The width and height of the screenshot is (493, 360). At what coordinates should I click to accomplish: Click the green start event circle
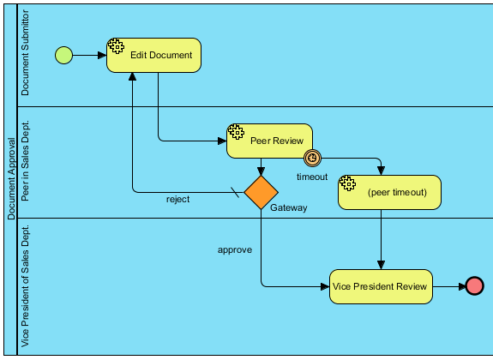pos(63,56)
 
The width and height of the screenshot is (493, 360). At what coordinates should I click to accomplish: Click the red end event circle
pos(474,286)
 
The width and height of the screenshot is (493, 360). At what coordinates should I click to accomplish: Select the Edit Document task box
pos(153,56)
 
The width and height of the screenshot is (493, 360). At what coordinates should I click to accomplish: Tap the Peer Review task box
pos(269,141)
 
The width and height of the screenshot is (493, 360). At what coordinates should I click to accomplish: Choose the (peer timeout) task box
pos(389,192)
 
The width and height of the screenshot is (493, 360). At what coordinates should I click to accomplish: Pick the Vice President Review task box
pos(381,286)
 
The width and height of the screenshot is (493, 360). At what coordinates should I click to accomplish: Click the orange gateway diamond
pos(261,192)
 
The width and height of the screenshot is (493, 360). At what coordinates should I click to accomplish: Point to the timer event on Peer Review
pos(313,158)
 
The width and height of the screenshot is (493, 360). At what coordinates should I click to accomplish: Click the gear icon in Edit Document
pos(116,46)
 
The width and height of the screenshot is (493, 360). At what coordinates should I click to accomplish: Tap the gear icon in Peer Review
pos(236,132)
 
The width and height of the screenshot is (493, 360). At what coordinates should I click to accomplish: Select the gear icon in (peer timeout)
pos(348,183)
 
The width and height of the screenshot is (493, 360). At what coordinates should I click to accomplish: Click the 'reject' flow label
pos(178,200)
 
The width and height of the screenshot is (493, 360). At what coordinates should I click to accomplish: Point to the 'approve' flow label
pos(235,250)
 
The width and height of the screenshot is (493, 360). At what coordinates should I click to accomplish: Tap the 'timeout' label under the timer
pos(312,177)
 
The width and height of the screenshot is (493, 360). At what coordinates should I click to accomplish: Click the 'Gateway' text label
pos(289,207)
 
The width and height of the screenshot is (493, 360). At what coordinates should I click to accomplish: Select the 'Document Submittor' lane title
pos(25,52)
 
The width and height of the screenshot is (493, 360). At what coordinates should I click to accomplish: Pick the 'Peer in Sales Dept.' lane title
pos(25,160)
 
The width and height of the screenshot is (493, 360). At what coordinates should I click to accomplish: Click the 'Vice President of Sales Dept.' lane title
pos(25,285)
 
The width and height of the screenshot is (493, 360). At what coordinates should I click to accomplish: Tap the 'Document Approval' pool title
pos(11,178)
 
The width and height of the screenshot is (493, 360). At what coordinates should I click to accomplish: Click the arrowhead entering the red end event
pos(462,286)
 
